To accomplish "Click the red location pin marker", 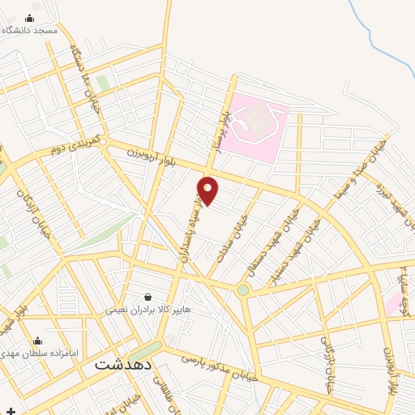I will (x=208, y=190).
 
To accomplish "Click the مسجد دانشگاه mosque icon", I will (x=30, y=18).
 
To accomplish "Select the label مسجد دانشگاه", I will (x=30, y=30).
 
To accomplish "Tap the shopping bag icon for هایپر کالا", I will (x=147, y=297).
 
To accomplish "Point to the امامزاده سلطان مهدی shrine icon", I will (x=37, y=341).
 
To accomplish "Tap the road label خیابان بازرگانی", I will (x=327, y=363).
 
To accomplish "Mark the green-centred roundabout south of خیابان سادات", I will (x=242, y=290).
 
